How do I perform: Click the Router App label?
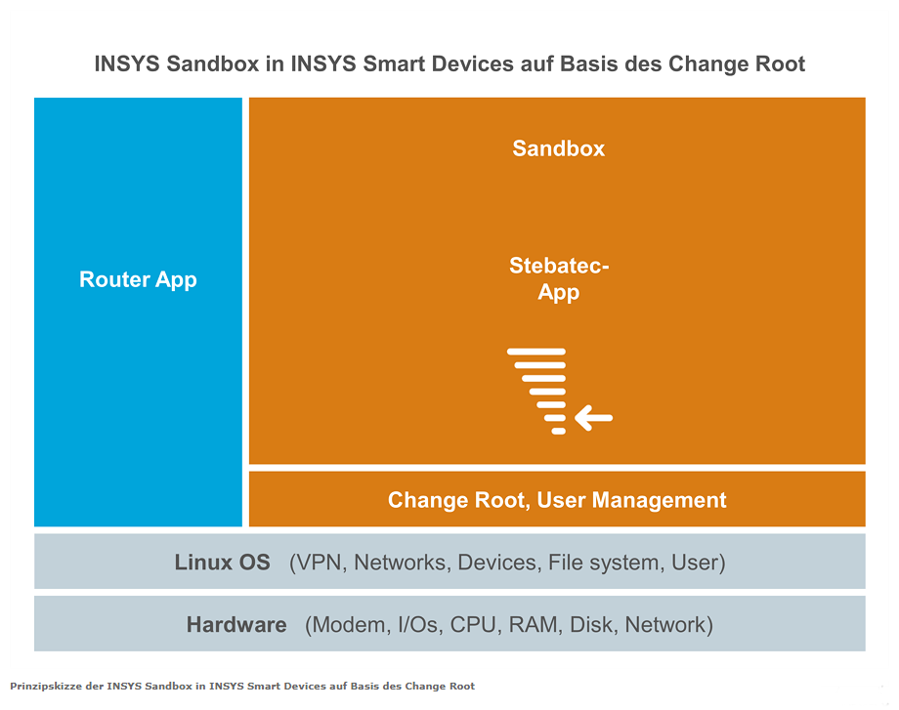(138, 279)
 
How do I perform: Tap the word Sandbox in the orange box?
(558, 148)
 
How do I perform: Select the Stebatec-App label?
(558, 279)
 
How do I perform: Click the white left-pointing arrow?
(594, 418)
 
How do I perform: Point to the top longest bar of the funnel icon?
(536, 352)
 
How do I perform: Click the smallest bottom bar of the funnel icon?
(558, 431)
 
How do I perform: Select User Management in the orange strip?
(632, 500)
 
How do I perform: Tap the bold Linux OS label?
(223, 563)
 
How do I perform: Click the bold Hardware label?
(236, 625)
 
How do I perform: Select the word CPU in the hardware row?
(472, 625)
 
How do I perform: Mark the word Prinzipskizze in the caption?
(46, 686)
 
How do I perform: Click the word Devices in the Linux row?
(498, 563)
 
